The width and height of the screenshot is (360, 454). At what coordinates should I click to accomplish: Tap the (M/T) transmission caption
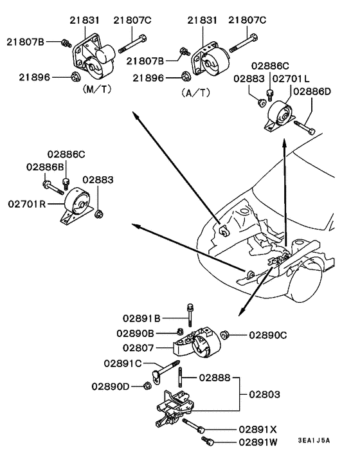(x=96, y=89)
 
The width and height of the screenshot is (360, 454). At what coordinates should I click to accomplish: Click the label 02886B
(x=46, y=167)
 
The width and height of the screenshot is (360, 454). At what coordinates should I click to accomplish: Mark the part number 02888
(x=214, y=377)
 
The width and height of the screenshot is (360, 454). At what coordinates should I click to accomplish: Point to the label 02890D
(x=111, y=386)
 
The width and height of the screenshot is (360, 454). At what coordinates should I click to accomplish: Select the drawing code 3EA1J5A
(x=314, y=440)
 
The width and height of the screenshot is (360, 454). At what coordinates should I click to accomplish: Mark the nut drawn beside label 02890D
(x=147, y=386)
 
